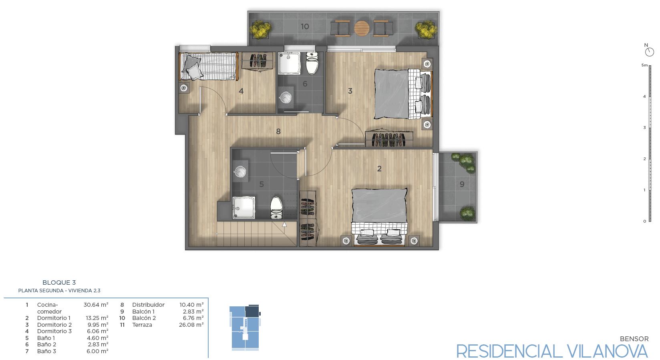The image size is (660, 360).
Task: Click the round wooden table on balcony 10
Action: tap(362, 28)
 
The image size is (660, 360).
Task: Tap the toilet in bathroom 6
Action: tap(312, 63)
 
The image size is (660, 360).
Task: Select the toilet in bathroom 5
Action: tap(276, 208)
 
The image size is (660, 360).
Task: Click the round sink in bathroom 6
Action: tap(286, 97)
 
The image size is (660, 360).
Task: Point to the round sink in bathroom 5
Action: tap(240, 171)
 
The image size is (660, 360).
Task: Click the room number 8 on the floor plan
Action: tap(278, 132)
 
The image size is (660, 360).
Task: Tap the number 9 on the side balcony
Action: tap(462, 184)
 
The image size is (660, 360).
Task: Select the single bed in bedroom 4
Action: tap(208, 66)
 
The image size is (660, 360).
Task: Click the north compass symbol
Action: tap(650, 52)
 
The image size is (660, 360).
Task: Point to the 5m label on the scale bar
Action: tap(644, 65)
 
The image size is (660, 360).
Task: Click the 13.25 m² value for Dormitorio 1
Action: tap(97, 318)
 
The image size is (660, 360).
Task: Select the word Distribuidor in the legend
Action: tap(148, 305)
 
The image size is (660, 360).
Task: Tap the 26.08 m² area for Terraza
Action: tap(191, 325)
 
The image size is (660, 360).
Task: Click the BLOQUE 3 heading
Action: tap(59, 283)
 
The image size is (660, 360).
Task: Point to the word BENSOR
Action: tap(634, 339)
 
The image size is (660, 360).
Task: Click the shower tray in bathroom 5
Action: tap(243, 208)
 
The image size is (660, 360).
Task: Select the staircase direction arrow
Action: tap(284, 225)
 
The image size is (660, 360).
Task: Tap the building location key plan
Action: tap(245, 328)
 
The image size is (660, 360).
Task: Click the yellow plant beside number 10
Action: tap(260, 30)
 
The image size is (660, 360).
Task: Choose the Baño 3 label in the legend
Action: tap(46, 351)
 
